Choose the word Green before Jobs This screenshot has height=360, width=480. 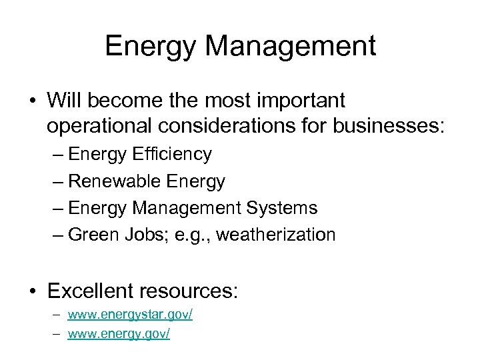[95, 235]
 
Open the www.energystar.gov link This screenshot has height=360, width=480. [130, 314]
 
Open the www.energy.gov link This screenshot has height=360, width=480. [119, 333]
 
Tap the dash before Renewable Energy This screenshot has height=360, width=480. [57, 181]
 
